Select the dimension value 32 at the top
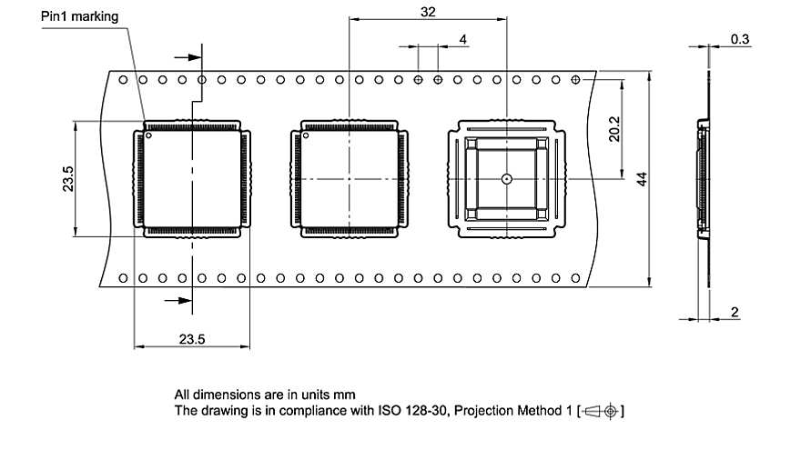point(427,12)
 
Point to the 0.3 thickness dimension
point(740,39)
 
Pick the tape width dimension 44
point(642,177)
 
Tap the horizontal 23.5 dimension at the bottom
point(192,339)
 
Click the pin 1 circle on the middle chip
point(307,137)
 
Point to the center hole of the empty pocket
point(505,179)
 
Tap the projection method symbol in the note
point(602,411)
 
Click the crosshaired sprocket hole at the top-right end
point(575,80)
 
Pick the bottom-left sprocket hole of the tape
point(122,277)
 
